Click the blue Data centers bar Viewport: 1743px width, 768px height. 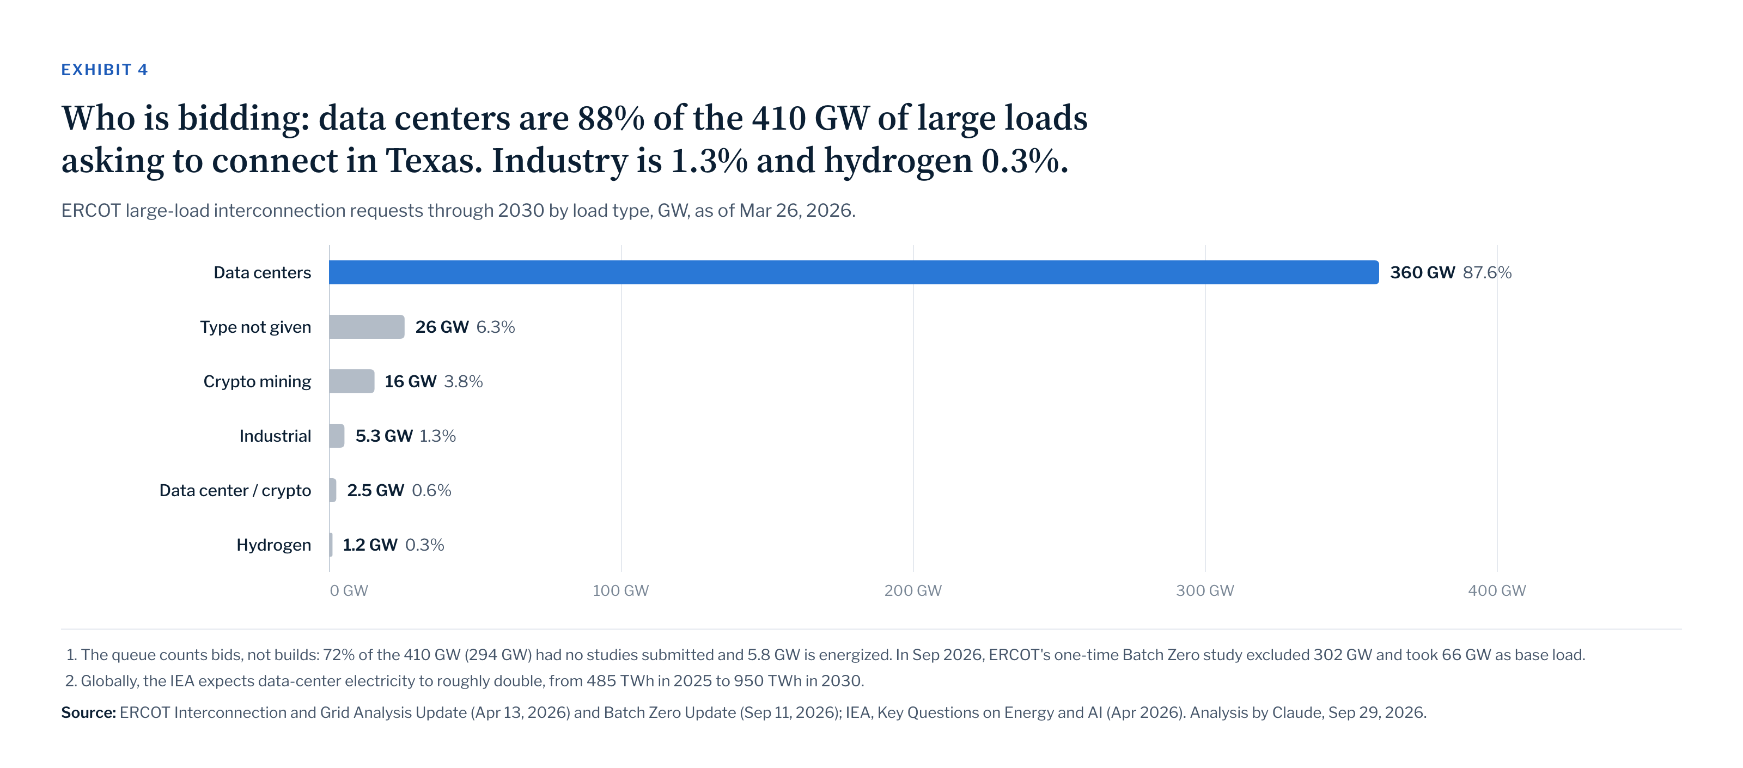(854, 272)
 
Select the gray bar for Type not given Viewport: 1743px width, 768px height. (367, 327)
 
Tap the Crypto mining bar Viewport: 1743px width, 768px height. (352, 381)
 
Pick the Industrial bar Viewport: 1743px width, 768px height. (337, 436)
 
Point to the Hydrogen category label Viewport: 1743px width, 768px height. (273, 545)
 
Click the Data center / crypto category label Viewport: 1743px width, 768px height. (235, 491)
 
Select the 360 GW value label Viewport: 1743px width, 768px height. (1422, 272)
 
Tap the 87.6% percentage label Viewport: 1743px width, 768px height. (1487, 272)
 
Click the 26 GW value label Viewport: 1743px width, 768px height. (442, 327)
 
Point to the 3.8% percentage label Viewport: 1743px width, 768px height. (464, 381)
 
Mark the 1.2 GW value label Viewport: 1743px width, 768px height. (370, 545)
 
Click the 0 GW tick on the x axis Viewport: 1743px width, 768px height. (349, 591)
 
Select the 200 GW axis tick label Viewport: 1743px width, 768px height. (913, 591)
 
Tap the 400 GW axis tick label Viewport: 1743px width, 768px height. (1497, 591)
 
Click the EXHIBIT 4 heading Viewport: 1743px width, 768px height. (104, 70)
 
